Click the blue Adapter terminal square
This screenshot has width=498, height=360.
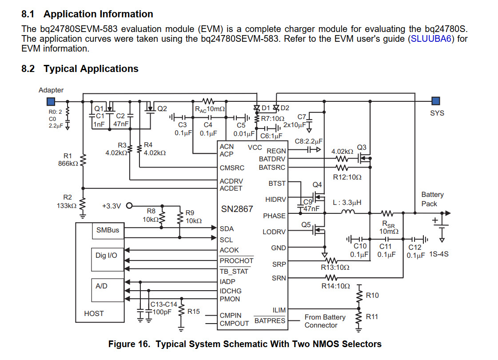tap(51, 101)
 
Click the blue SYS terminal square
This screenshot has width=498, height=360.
tap(436, 101)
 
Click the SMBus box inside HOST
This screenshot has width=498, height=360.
tap(108, 231)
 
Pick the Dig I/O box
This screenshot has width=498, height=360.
tap(107, 256)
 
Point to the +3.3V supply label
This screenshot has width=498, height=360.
tap(111, 206)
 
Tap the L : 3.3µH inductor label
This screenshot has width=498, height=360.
tap(347, 202)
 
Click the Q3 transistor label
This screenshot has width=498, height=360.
tap(362, 147)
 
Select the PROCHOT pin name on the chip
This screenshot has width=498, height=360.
tap(236, 261)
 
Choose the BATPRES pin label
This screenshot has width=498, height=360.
tap(270, 320)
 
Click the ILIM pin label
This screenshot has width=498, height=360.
tap(279, 310)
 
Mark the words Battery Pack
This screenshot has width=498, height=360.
tap(432, 199)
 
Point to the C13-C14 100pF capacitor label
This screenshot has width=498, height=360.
tap(164, 308)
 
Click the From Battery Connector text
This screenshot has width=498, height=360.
tap(324, 321)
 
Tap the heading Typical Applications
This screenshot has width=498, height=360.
tap(91, 69)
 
